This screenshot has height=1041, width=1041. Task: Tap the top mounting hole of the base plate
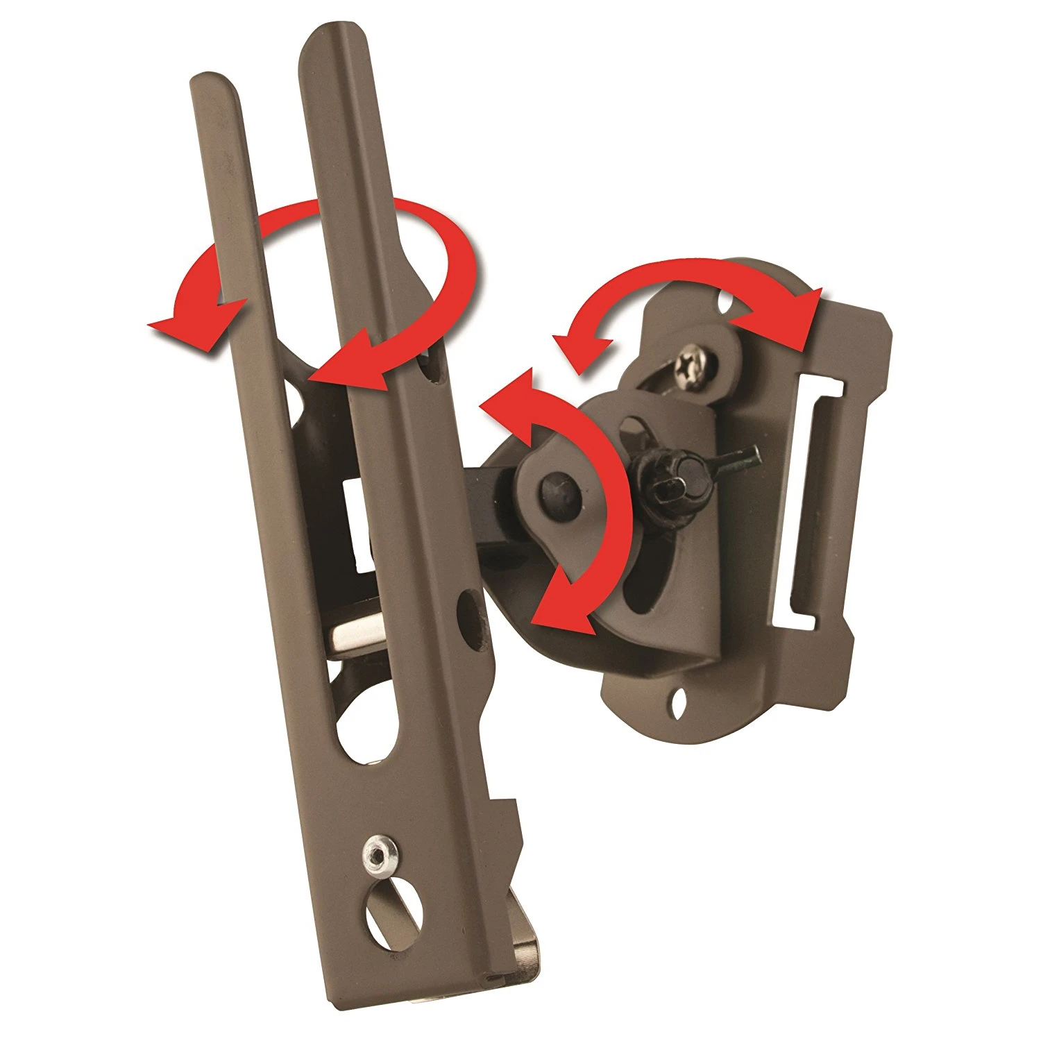pyautogui.click(x=726, y=303)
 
